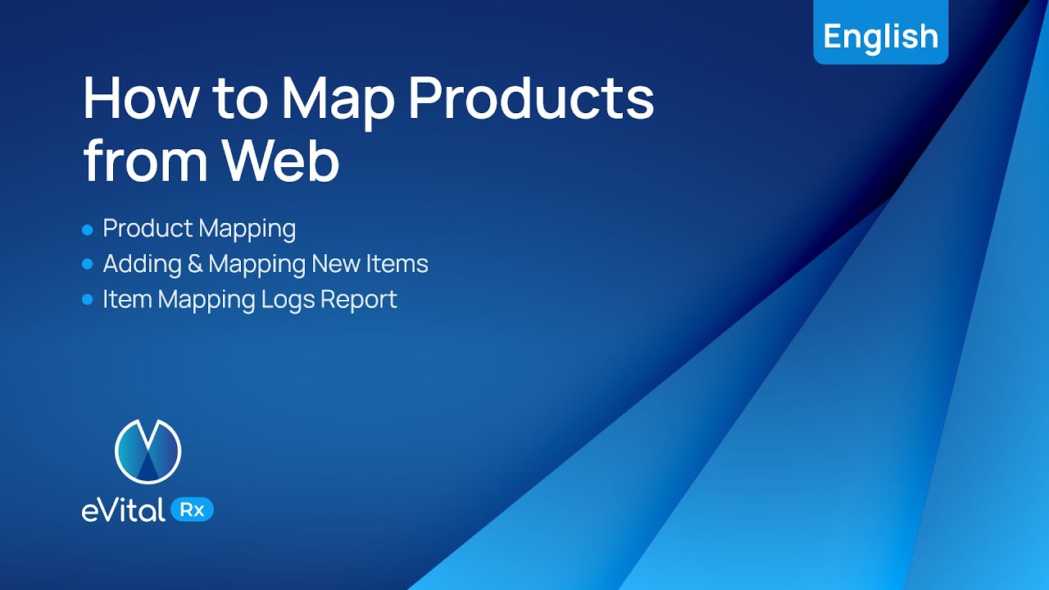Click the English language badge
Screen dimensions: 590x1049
[x=880, y=37]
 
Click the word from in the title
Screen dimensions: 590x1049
[x=140, y=161]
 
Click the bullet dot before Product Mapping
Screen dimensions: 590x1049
[x=88, y=230]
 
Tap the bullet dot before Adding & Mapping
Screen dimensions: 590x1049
[x=88, y=265]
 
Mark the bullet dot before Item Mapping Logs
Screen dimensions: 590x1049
[x=88, y=301]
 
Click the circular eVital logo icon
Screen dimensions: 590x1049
[x=148, y=451]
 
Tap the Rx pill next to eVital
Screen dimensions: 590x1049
[x=191, y=510]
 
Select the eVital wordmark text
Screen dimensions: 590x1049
[x=123, y=511]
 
